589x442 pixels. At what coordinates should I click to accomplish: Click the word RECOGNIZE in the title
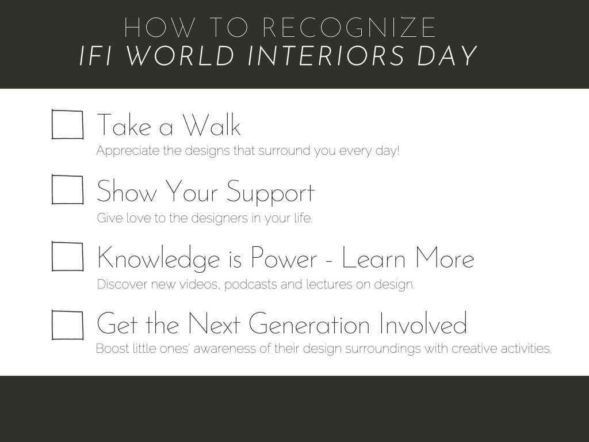coord(349,28)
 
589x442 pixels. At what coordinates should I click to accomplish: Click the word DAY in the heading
coord(447,56)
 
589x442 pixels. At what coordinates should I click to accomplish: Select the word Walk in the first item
coord(212,125)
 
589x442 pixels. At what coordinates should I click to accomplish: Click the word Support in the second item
coord(270,192)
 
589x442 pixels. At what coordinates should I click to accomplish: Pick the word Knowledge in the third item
coord(158,258)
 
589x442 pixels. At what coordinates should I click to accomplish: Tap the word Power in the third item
coord(284,258)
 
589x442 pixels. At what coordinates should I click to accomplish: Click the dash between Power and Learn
coord(330,260)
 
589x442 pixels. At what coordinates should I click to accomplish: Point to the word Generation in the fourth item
coord(309,323)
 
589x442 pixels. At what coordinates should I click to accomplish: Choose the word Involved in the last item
coord(423,323)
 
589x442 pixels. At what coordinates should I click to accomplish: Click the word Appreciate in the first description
coord(128,151)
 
